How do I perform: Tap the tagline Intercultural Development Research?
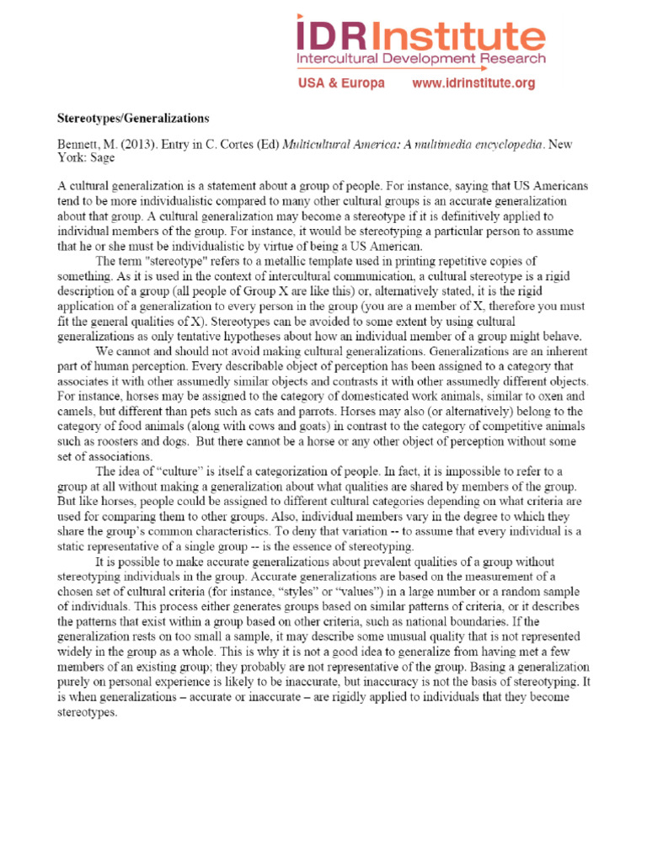tap(420, 61)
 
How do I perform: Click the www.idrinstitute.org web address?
tap(473, 83)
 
